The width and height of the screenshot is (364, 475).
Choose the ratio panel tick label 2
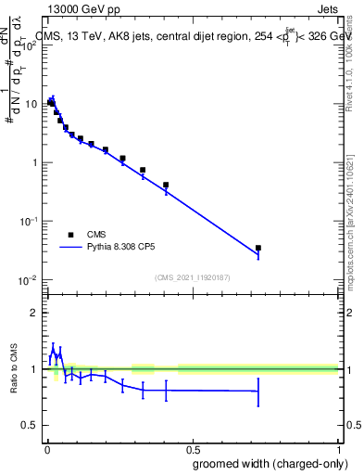pyautogui.click(x=33, y=313)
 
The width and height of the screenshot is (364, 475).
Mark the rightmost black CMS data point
pyautogui.click(x=258, y=248)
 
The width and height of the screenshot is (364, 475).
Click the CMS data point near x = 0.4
pyautogui.click(x=166, y=185)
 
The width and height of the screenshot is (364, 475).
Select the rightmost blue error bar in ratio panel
pyautogui.click(x=258, y=391)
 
